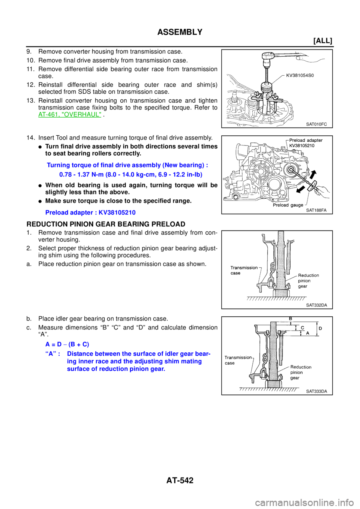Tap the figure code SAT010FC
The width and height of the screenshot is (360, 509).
pos(316,124)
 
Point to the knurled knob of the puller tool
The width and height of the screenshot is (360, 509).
pos(267,90)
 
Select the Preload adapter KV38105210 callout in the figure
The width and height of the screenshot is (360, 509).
pos(305,143)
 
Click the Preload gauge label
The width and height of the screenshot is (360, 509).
pos(288,205)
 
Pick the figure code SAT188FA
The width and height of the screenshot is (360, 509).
pos(316,210)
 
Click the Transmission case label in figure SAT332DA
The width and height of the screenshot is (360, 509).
pos(244,270)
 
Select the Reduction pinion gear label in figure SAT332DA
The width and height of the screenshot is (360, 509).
pos(308,281)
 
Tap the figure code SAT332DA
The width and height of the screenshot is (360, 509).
pos(316,305)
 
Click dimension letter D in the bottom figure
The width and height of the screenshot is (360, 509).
pos(320,328)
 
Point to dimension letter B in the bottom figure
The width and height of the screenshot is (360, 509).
pos(290,319)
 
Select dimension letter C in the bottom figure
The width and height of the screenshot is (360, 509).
pos(302,328)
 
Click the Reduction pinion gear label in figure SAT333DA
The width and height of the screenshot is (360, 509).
pos(300,372)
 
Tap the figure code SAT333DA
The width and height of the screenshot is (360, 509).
pos(316,391)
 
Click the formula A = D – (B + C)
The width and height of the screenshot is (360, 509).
pos(67,344)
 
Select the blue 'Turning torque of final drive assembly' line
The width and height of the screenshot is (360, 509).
pos(127,165)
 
